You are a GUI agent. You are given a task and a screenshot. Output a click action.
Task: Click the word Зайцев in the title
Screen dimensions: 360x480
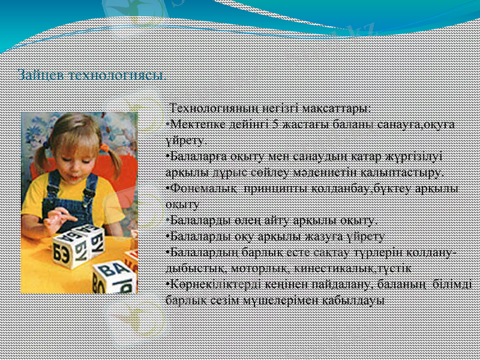point(42,76)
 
